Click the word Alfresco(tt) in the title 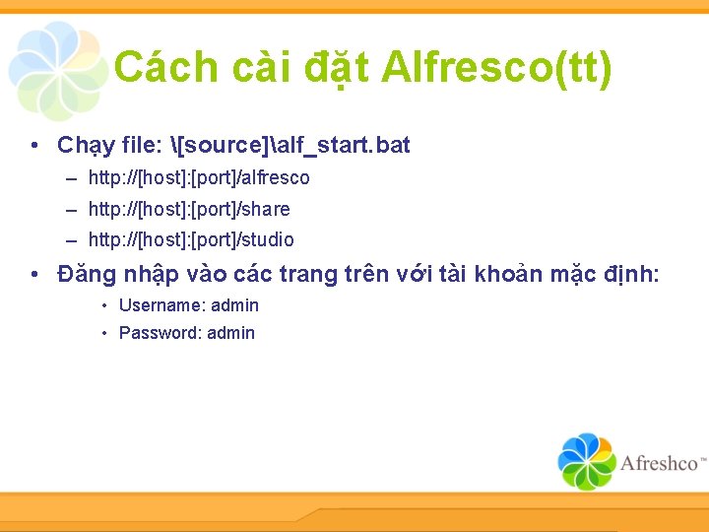point(496,68)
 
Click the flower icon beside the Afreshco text point(587,461)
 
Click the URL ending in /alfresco point(199,178)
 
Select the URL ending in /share point(189,209)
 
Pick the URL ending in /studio point(191,239)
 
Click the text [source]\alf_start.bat point(290,146)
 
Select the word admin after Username point(235,305)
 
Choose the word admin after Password point(231,333)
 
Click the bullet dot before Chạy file point(34,147)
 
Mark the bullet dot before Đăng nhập point(34,275)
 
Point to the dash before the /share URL point(73,209)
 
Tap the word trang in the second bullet point(308,275)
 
